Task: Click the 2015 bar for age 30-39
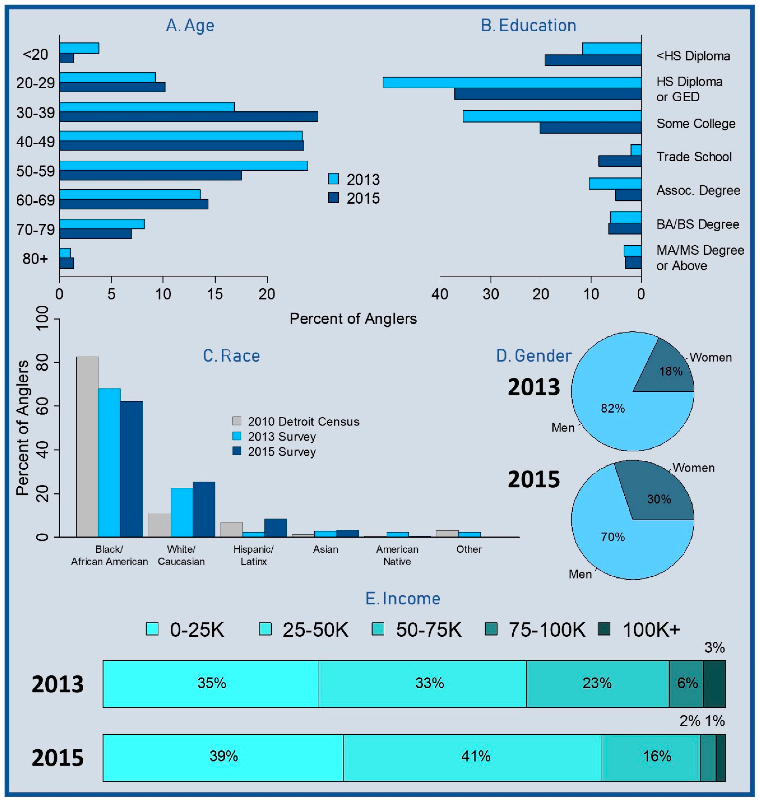pyautogui.click(x=188, y=117)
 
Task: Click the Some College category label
pyautogui.click(x=695, y=123)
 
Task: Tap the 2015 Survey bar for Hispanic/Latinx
pyautogui.click(x=276, y=528)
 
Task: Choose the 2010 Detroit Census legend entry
pyautogui.click(x=296, y=421)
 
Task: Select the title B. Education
pyautogui.click(x=528, y=25)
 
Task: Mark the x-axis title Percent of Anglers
pyautogui.click(x=353, y=319)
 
